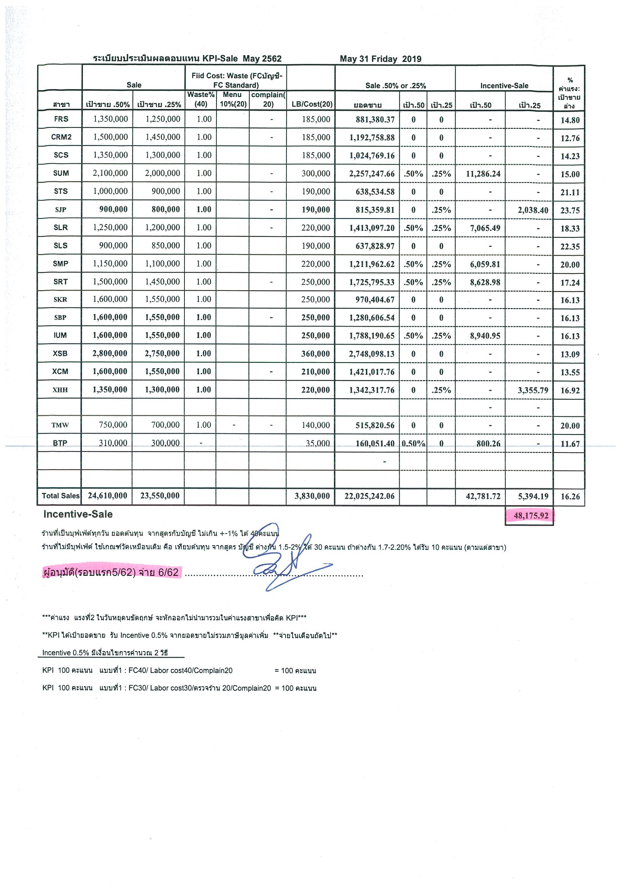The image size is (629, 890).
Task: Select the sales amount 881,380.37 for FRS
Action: pos(375,120)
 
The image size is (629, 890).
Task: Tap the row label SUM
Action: pos(61,173)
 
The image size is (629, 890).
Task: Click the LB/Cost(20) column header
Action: pos(311,104)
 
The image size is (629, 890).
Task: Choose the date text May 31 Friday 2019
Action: pos(380,59)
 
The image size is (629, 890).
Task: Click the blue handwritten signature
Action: pos(279,558)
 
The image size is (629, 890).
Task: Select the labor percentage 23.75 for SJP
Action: pos(570,210)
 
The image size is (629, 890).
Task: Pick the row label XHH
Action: pos(60,390)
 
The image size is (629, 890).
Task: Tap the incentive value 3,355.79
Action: pos(532,390)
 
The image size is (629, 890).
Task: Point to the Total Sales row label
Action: pos(60,496)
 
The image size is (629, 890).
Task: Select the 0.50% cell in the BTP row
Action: pos(413,443)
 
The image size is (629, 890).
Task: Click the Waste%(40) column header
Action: pos(201,99)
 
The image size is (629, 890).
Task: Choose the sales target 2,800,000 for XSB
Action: pos(110,353)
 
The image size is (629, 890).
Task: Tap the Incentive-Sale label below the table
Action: pos(78,514)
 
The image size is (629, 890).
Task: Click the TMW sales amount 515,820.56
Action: pos(375,426)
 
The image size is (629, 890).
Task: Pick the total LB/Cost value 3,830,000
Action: pos(311,496)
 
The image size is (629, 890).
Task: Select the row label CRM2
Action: pos(61,137)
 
